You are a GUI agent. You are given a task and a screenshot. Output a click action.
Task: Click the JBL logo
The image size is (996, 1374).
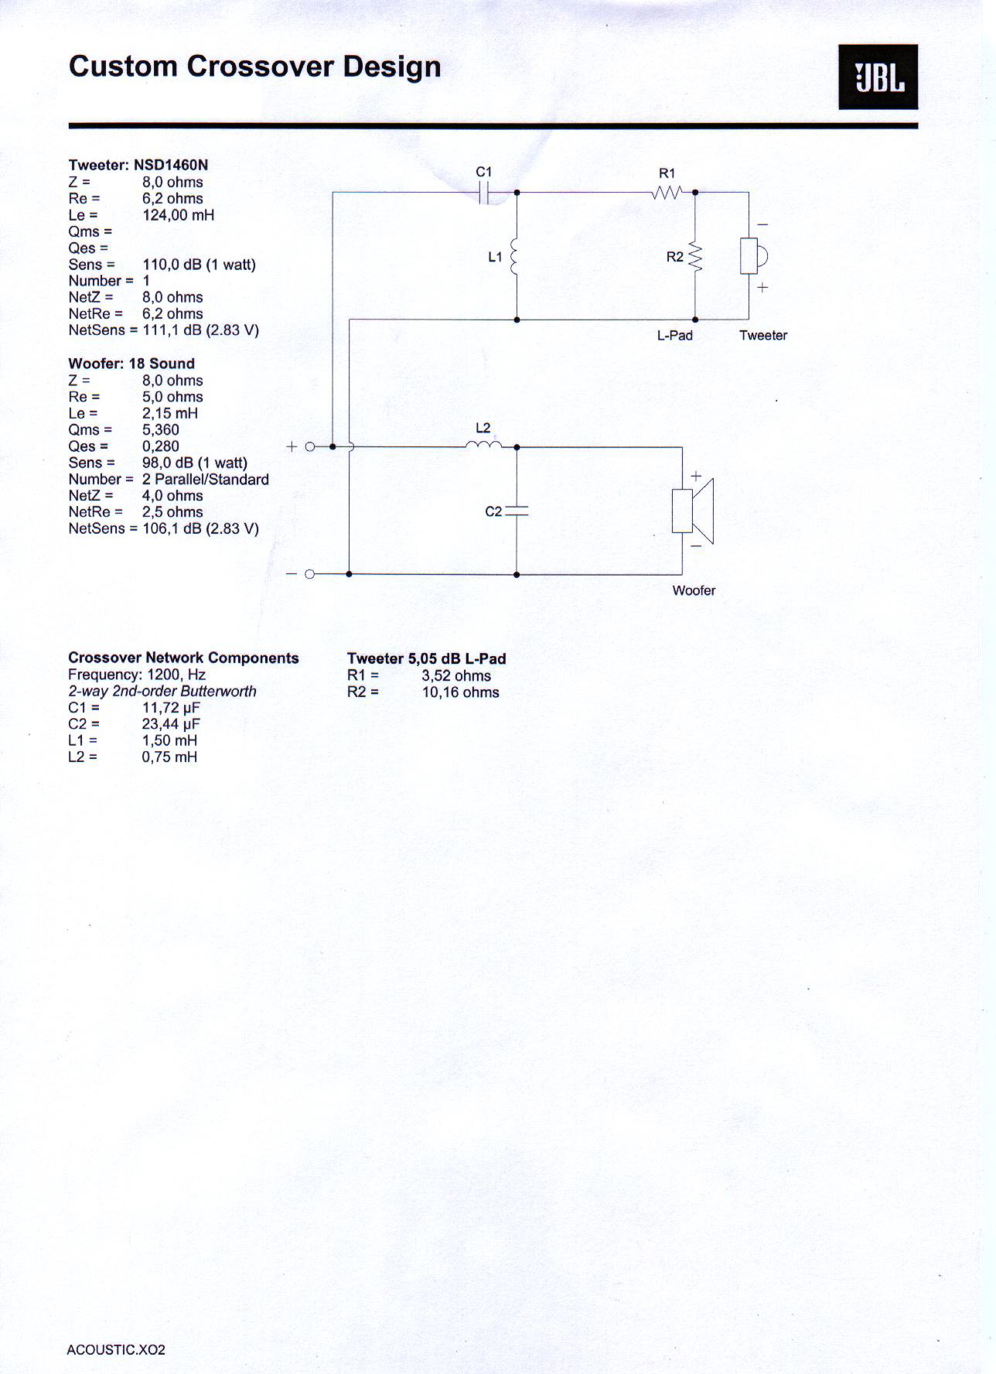pyautogui.click(x=878, y=77)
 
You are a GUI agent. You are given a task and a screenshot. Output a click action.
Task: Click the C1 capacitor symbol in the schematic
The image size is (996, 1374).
pyautogui.click(x=484, y=192)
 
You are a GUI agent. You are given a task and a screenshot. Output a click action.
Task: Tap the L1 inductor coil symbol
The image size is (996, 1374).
pyautogui.click(x=515, y=256)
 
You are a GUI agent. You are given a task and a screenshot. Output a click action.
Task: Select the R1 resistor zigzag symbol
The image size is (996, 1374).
pyautogui.click(x=667, y=192)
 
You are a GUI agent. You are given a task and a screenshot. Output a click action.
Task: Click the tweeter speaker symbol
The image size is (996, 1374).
pyautogui.click(x=752, y=256)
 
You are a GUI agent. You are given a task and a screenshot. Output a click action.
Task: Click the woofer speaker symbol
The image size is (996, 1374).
pyautogui.click(x=693, y=511)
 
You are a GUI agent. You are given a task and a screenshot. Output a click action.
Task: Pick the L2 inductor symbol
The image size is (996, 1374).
pyautogui.click(x=483, y=445)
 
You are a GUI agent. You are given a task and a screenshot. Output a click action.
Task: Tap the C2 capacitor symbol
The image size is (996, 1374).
pyautogui.click(x=516, y=511)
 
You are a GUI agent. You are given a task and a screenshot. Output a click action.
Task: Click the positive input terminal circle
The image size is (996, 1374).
pyautogui.click(x=310, y=446)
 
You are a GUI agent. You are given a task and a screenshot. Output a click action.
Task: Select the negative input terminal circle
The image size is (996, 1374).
pyautogui.click(x=310, y=574)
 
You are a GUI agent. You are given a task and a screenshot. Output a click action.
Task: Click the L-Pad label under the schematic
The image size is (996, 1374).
pyautogui.click(x=674, y=335)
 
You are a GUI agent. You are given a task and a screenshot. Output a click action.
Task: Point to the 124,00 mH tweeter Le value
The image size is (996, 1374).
pyautogui.click(x=178, y=215)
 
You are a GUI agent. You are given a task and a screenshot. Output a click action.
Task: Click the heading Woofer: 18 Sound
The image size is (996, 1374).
pyautogui.click(x=131, y=364)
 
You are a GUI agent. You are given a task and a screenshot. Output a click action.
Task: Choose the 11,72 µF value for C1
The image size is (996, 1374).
pyautogui.click(x=171, y=708)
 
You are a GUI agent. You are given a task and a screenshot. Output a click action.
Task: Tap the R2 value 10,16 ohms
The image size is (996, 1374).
pyautogui.click(x=460, y=692)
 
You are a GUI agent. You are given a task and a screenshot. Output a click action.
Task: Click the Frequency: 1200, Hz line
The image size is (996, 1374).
pyautogui.click(x=137, y=675)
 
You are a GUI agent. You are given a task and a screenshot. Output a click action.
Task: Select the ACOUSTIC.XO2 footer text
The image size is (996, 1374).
pyautogui.click(x=116, y=1350)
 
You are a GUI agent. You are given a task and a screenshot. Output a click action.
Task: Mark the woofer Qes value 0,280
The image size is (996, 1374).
pyautogui.click(x=160, y=446)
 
